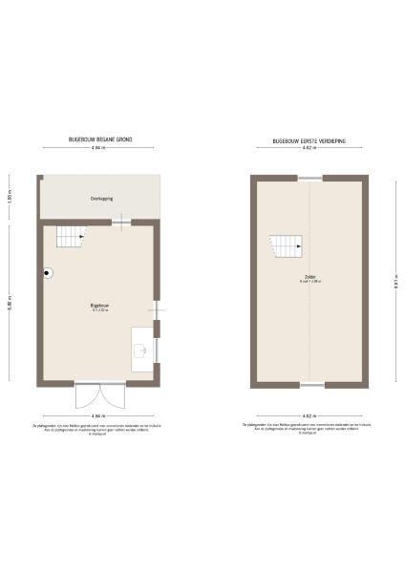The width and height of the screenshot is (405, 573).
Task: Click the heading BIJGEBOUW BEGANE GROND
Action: [100, 139]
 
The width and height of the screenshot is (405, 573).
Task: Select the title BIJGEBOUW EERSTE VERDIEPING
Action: [308, 139]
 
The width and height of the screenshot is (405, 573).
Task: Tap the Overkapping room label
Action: [100, 200]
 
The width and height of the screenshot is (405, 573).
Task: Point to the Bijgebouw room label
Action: [99, 306]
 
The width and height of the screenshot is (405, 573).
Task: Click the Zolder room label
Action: [308, 278]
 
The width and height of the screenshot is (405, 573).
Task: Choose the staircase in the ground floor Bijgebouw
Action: [68, 235]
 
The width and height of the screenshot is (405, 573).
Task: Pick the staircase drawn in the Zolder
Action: [287, 246]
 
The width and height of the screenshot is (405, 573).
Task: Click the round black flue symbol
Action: [46, 270]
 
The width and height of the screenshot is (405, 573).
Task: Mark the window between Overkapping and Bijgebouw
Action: [122, 223]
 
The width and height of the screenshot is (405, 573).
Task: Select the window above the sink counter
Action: [158, 350]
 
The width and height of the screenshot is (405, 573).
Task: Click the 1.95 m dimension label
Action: [10, 198]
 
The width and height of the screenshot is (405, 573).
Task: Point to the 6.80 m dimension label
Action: [10, 306]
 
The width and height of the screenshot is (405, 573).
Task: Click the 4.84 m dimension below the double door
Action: [99, 416]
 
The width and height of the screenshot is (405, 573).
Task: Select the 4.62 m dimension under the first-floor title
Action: [308, 149]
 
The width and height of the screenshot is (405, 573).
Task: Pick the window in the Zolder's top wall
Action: [308, 178]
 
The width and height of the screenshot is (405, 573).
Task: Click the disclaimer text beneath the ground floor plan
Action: [99, 429]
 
